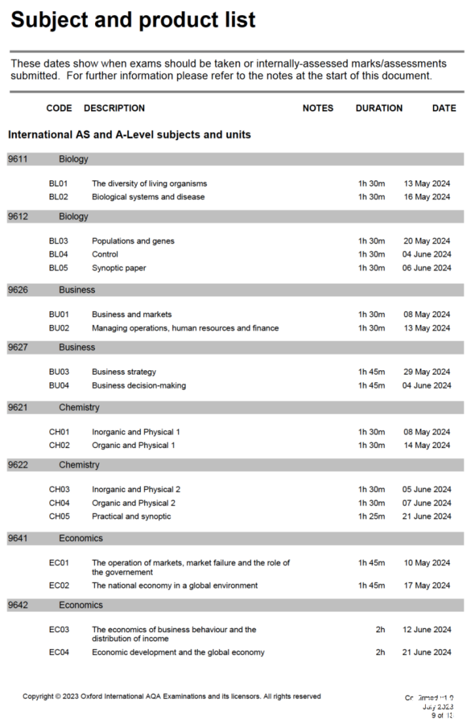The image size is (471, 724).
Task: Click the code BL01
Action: click(x=58, y=183)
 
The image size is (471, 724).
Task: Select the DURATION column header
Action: click(x=379, y=108)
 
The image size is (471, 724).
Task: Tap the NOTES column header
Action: click(x=317, y=108)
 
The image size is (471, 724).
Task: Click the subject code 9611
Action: click(x=18, y=159)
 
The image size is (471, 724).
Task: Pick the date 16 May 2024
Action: click(x=427, y=197)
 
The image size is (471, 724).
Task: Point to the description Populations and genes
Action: click(x=133, y=241)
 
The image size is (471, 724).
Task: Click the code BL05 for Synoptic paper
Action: click(x=58, y=268)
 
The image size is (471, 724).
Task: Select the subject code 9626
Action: click(x=18, y=290)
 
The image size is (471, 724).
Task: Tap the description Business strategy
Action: click(x=124, y=372)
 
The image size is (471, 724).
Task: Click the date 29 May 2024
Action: click(x=427, y=372)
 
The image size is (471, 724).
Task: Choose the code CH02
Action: click(x=59, y=446)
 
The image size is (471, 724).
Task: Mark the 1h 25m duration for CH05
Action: click(x=371, y=516)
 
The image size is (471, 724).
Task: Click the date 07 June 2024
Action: click(x=427, y=503)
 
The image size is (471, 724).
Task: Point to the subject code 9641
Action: click(x=18, y=539)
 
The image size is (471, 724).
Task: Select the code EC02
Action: click(x=59, y=586)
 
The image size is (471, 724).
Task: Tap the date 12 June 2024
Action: click(x=427, y=630)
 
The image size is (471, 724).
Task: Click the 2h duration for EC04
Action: click(x=380, y=653)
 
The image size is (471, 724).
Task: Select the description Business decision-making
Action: click(x=138, y=386)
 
